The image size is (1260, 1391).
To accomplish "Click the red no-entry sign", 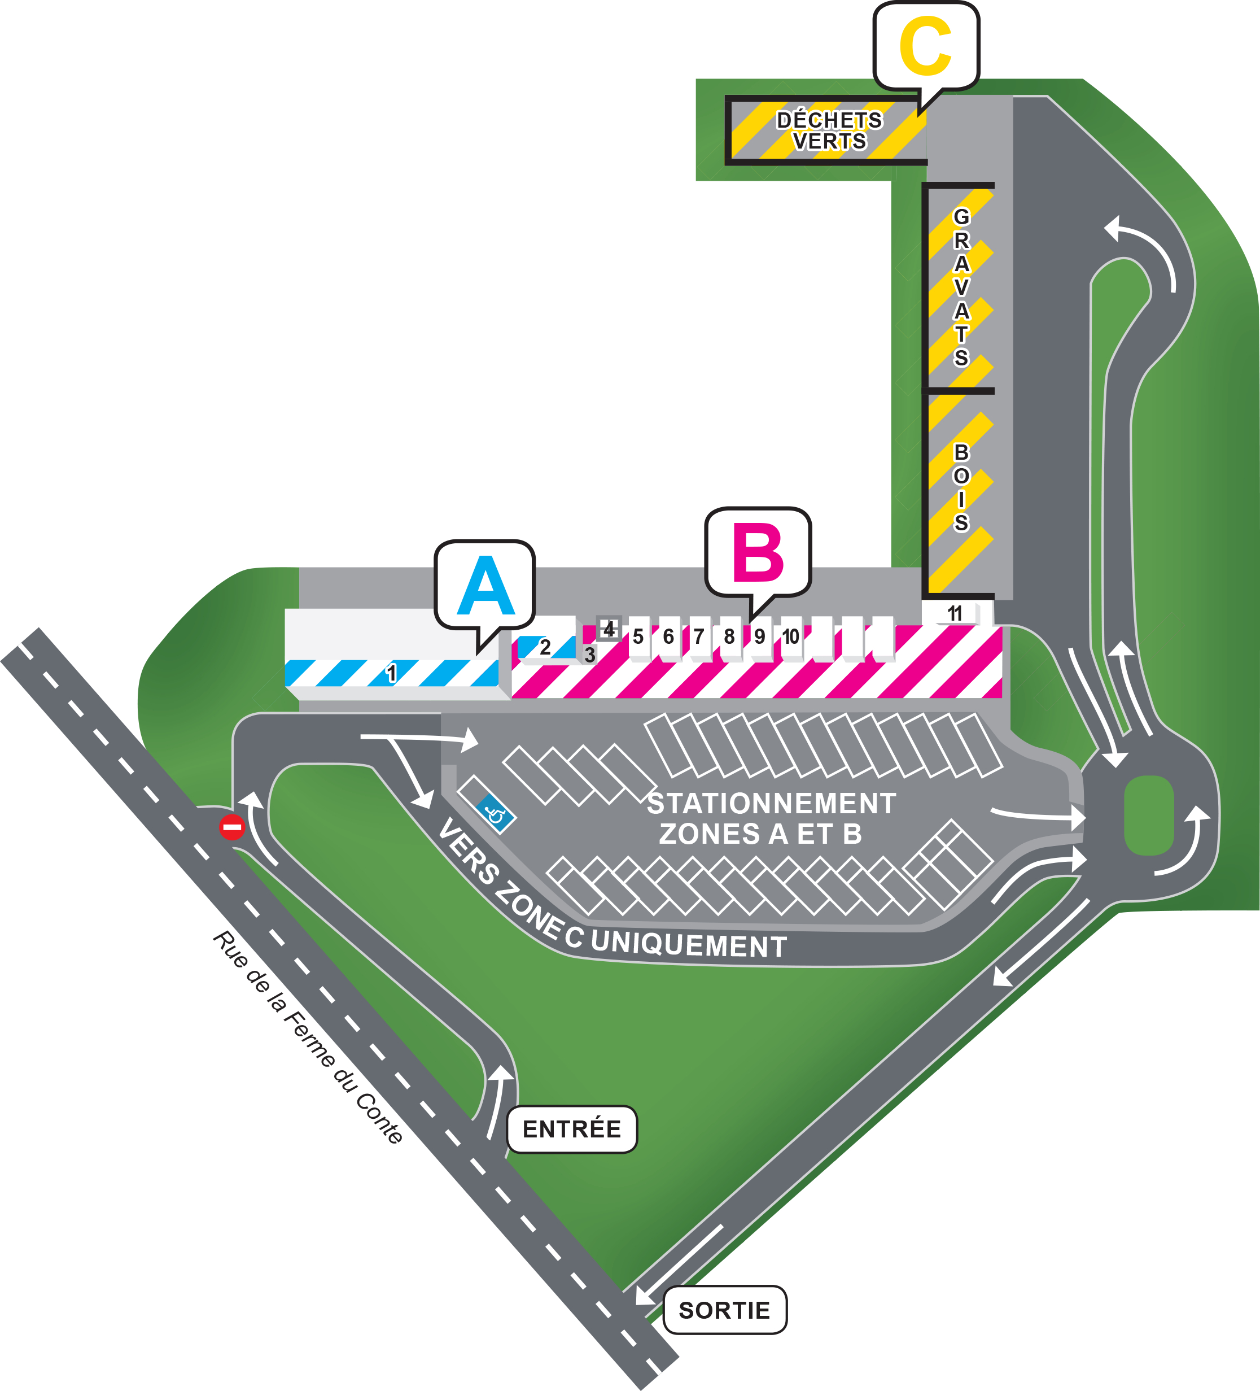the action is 231,827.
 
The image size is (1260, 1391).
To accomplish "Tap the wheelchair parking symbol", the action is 495,814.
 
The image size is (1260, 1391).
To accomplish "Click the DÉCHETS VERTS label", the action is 829,130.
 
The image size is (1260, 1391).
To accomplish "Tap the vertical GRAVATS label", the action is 961,287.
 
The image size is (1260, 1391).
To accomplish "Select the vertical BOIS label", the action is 961,488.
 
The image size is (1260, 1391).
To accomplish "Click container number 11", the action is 955,613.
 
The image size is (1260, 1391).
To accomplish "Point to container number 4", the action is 609,629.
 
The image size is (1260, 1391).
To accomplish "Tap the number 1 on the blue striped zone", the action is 392,673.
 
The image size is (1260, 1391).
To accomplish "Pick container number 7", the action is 699,636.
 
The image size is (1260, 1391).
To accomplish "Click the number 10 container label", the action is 790,636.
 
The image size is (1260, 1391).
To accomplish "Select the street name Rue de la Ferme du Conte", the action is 308,1037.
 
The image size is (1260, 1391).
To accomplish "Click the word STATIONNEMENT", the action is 772,804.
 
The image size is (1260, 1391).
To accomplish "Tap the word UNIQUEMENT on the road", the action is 689,943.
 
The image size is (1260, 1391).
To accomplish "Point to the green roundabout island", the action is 1149,815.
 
